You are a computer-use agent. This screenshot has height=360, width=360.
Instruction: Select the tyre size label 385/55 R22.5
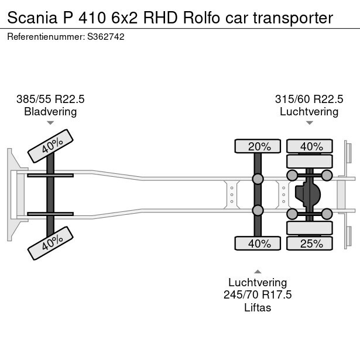pos(50,99)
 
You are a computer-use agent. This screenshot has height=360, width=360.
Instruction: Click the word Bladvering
pos(50,111)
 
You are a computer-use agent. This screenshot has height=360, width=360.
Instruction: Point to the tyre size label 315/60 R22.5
pos(309,99)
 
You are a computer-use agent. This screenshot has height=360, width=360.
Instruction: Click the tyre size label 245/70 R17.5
pos(258,294)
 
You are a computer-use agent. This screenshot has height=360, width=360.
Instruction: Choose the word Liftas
pos(258,307)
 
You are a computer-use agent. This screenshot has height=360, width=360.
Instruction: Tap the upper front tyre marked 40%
pos(52,146)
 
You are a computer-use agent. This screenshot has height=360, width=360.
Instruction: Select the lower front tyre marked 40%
pos(52,244)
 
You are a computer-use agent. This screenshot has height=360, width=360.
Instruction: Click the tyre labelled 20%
pos(258,146)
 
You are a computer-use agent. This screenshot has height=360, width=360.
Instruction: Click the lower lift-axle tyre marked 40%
pos(258,244)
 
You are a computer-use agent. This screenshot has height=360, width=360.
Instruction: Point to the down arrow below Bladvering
pos(50,123)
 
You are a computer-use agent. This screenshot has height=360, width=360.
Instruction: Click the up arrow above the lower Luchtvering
pos(258,271)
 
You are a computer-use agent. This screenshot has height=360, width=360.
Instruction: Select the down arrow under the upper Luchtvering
pos(309,123)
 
